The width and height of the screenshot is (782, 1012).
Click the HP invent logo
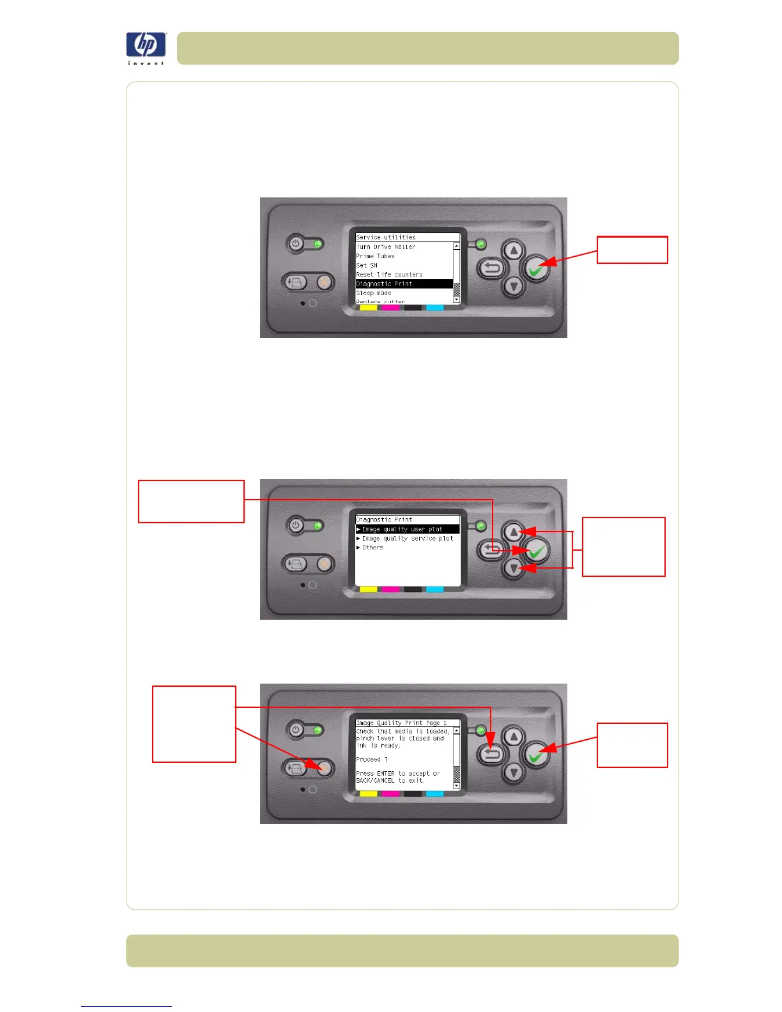146,47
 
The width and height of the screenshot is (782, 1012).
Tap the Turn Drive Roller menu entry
386,247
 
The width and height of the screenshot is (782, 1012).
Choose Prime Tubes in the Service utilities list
376,256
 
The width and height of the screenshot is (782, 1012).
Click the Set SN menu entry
367,265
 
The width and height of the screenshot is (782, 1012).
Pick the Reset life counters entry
390,275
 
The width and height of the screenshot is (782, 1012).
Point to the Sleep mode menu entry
374,293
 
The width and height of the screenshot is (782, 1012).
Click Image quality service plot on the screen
407,539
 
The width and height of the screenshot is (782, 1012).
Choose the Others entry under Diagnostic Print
372,548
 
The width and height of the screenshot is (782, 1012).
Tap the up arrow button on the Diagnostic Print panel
514,532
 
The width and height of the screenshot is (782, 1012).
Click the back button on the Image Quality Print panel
491,755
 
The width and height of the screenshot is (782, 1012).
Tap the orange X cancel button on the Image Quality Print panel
324,767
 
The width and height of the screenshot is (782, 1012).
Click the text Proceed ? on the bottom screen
372,760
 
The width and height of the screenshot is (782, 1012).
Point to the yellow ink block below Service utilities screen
369,308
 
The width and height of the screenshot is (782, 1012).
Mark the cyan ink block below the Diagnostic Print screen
434,589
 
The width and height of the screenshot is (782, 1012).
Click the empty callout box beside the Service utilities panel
632,250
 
